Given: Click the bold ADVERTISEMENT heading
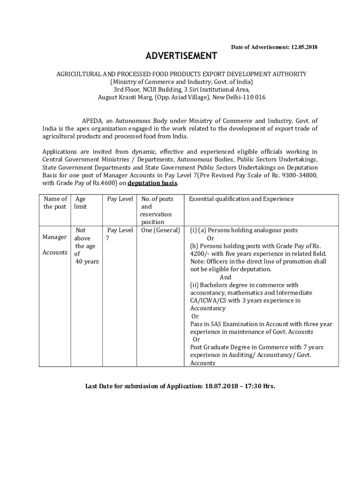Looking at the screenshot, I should click(x=181, y=56).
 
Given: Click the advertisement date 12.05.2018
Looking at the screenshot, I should click(x=304, y=47).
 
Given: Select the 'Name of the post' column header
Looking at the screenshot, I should click(x=55, y=203).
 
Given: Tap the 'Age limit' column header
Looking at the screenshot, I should click(x=80, y=203).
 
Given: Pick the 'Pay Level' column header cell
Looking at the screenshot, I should click(x=120, y=199).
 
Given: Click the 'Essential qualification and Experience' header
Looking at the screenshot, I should click(x=241, y=199).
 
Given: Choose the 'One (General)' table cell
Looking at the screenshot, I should click(x=160, y=230).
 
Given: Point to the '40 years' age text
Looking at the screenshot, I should click(x=87, y=261).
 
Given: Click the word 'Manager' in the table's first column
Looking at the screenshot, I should click(x=55, y=237).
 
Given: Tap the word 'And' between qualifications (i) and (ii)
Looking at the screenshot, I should click(x=225, y=277).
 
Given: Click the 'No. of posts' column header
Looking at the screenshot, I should click(x=157, y=199).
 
